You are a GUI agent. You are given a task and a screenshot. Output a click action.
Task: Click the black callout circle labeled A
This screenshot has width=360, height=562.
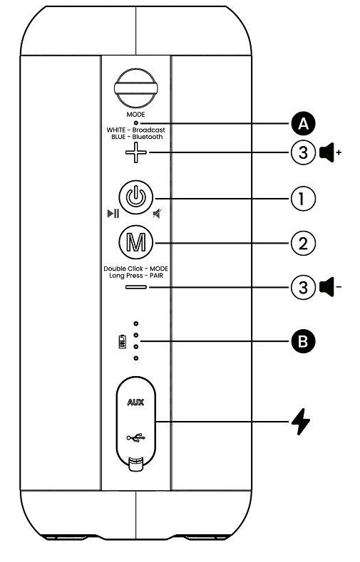304,123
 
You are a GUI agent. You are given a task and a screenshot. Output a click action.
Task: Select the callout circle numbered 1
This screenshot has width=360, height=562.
304,197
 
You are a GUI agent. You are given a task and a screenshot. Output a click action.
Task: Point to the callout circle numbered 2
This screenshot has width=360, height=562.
304,242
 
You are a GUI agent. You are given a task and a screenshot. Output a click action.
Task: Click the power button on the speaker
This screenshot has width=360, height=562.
135,197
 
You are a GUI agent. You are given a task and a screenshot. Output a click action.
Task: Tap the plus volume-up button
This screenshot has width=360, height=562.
135,153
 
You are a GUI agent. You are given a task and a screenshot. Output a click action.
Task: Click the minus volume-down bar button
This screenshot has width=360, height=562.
135,288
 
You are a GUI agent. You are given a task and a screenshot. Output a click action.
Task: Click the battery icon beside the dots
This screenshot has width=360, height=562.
122,343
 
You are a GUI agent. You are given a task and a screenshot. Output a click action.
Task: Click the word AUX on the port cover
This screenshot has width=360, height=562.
135,402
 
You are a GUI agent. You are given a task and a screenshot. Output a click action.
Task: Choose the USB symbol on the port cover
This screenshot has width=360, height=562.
135,437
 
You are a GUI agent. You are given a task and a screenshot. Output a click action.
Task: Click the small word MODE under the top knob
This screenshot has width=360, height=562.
135,114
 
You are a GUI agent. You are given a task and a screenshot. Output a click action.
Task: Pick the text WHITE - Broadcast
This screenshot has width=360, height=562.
135,130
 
